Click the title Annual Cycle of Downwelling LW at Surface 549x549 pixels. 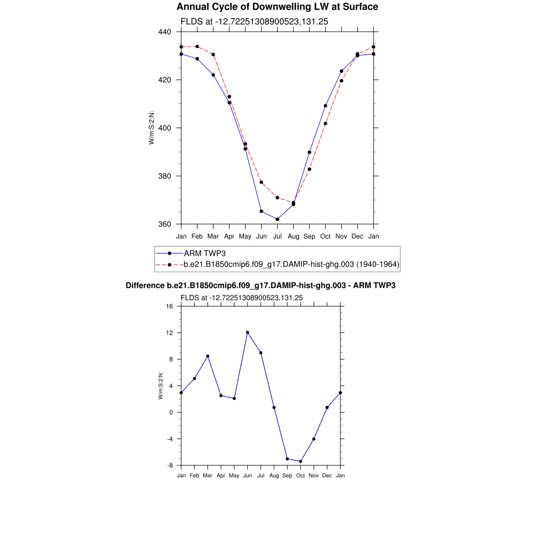pyautogui.click(x=277, y=7)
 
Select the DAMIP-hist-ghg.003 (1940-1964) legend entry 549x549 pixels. pyautogui.click(x=292, y=264)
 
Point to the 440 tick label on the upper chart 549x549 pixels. pyautogui.click(x=165, y=32)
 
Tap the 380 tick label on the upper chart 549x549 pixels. pyautogui.click(x=165, y=176)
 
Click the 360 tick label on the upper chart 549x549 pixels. pyautogui.click(x=165, y=224)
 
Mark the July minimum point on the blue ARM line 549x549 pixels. pyautogui.click(x=277, y=219)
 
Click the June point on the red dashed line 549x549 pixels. pyautogui.click(x=261, y=182)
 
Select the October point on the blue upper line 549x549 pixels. pyautogui.click(x=325, y=106)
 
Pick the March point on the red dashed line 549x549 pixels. pyautogui.click(x=213, y=55)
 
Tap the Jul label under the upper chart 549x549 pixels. pyautogui.click(x=277, y=236)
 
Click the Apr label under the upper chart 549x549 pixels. pyautogui.click(x=229, y=236)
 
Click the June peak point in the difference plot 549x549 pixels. pyautogui.click(x=247, y=332)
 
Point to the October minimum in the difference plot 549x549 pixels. pyautogui.click(x=300, y=462)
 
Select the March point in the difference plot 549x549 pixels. pyautogui.click(x=207, y=356)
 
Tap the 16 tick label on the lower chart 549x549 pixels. pyautogui.click(x=169, y=307)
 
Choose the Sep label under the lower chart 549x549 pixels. pyautogui.click(x=287, y=476)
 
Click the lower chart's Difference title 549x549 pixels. pyautogui.click(x=261, y=286)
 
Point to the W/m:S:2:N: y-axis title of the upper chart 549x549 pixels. pyautogui.click(x=152, y=128)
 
